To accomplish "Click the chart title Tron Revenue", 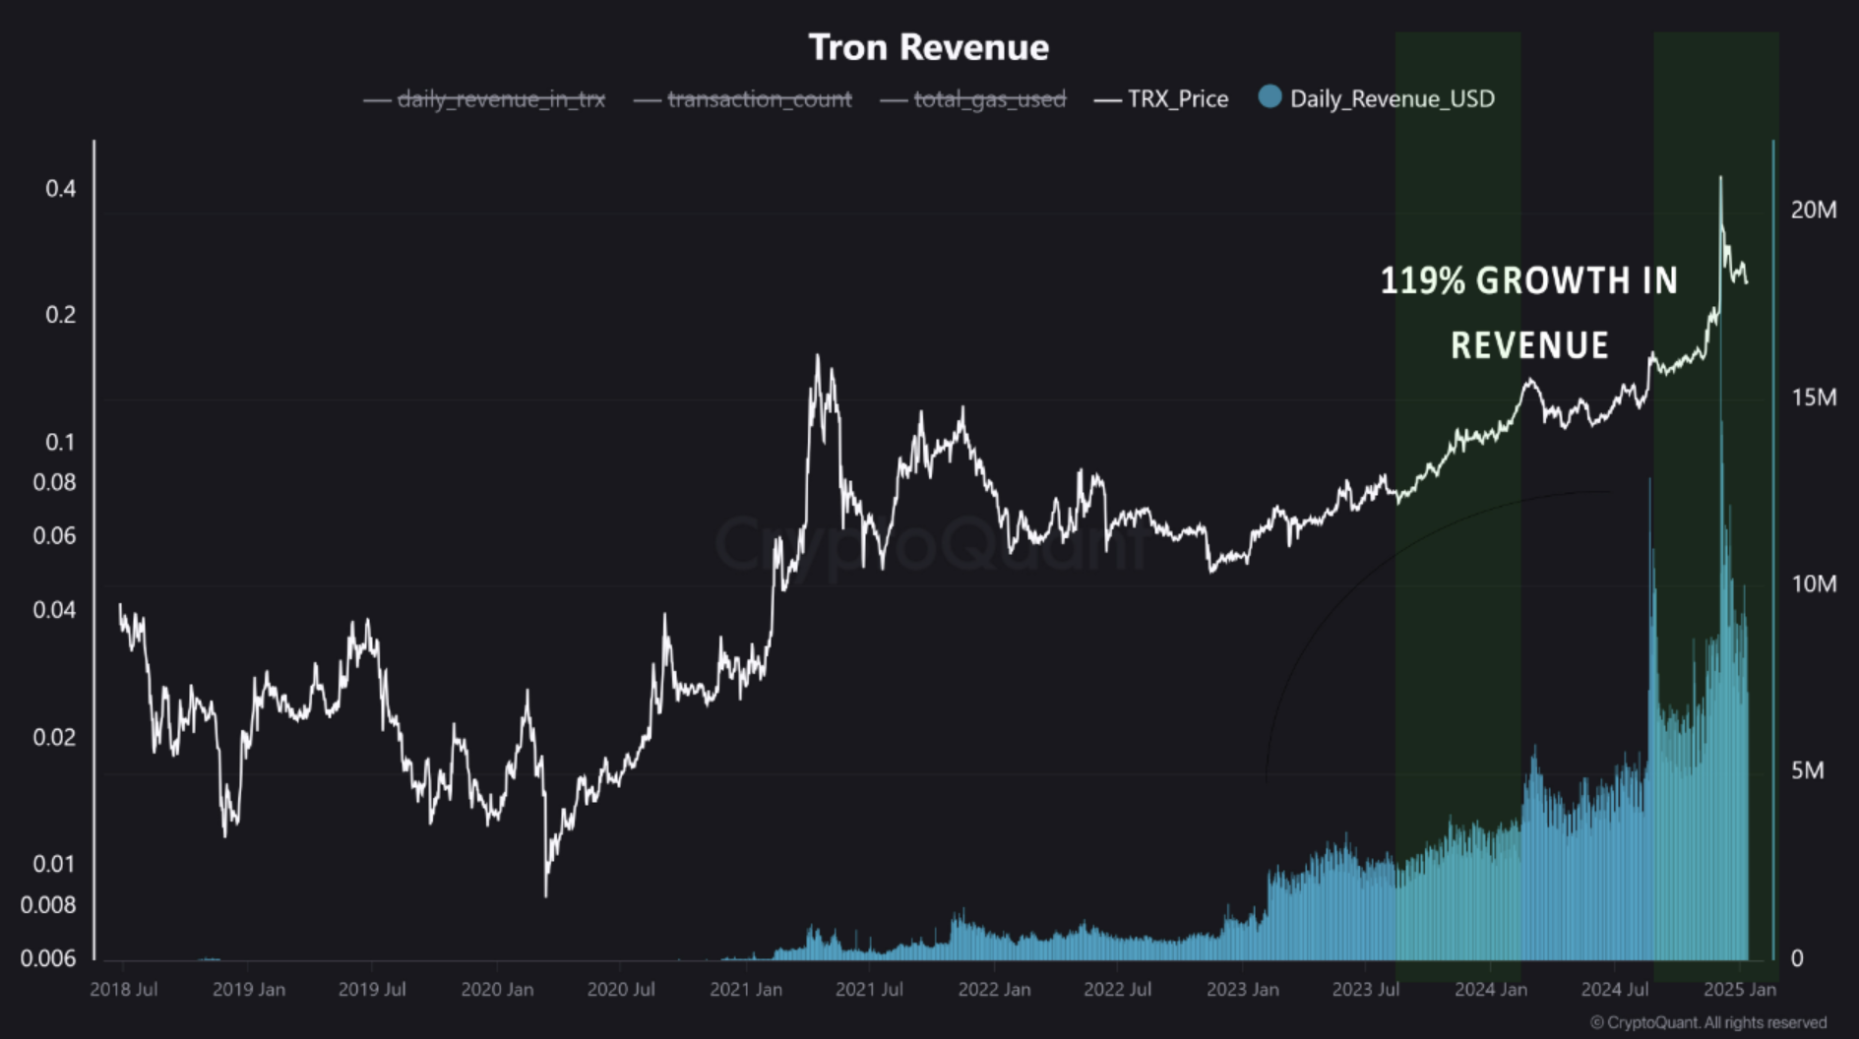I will (x=928, y=47).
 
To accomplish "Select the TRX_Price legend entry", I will (x=1177, y=98).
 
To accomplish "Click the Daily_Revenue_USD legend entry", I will (x=1392, y=98).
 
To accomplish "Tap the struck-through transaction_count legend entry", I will (x=759, y=98).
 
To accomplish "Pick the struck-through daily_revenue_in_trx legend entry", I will (x=501, y=98).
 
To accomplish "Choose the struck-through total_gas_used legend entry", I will (x=989, y=98).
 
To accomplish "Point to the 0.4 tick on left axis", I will (x=60, y=188).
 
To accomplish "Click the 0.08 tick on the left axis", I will (x=54, y=482).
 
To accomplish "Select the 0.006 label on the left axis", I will (x=48, y=957).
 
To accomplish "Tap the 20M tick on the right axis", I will (x=1813, y=210).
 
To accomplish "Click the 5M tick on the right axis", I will (x=1807, y=770).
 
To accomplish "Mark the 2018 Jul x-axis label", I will (x=123, y=989).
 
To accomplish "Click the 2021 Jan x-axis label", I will (x=745, y=989).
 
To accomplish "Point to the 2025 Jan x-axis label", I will (x=1739, y=989).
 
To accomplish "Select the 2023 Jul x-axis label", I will (x=1365, y=989).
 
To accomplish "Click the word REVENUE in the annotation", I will (x=1529, y=345).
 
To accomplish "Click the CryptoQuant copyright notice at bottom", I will (x=1707, y=1022).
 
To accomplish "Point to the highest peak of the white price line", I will (x=1720, y=178).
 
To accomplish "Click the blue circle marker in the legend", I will (x=1270, y=96).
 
